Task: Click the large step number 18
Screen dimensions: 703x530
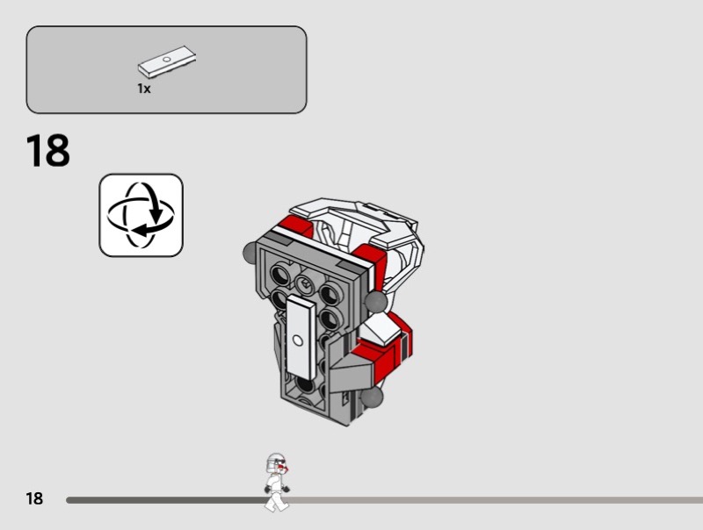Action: [x=48, y=150]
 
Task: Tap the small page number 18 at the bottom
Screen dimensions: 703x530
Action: [x=34, y=498]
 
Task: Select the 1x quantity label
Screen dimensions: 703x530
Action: [x=144, y=89]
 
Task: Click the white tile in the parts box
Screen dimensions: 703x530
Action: [x=167, y=62]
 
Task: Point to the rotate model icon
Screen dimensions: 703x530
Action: [x=141, y=215]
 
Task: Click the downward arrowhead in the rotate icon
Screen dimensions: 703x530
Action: [x=156, y=216]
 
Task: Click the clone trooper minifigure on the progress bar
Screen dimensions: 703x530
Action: [x=277, y=482]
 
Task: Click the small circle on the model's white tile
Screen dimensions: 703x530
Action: [x=298, y=340]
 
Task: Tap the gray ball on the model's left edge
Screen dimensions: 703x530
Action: [x=250, y=253]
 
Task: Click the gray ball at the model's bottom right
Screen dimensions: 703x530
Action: [x=373, y=397]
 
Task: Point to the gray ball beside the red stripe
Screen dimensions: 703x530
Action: [x=376, y=302]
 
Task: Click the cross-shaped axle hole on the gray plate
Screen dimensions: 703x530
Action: [x=305, y=283]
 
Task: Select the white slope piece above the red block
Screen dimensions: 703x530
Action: [x=380, y=329]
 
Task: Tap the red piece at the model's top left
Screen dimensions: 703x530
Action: [x=296, y=226]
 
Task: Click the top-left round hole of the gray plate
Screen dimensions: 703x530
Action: [x=280, y=274]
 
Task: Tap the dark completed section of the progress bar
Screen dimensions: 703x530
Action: [x=166, y=500]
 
